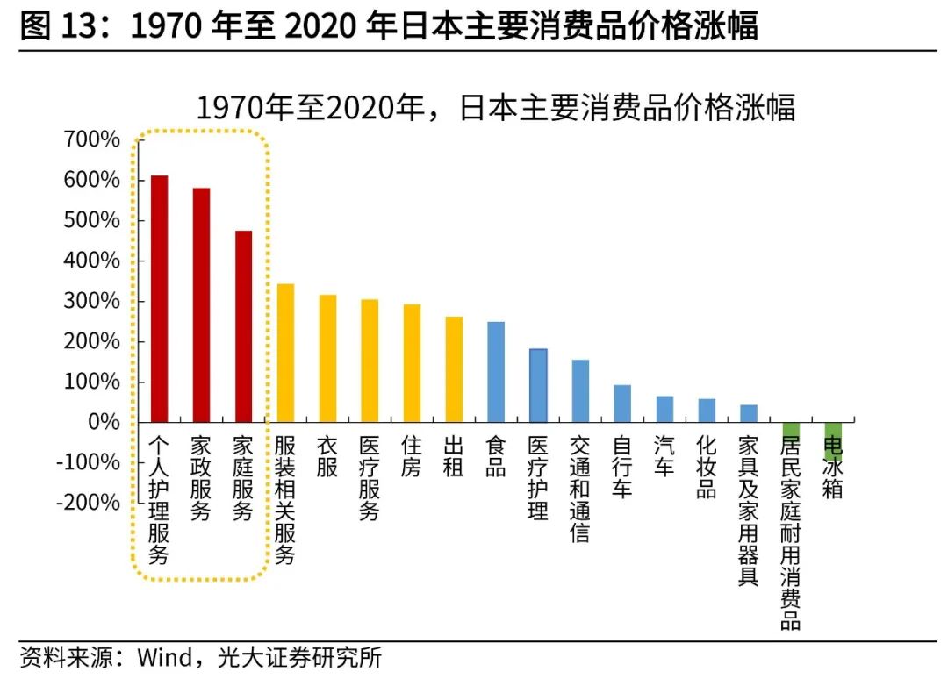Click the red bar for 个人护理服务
[159, 298]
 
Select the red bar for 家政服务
[201, 304]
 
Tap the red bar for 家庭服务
[243, 325]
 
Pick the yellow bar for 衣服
[327, 358]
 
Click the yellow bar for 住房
[412, 362]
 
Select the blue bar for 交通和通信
[580, 390]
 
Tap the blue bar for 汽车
[664, 409]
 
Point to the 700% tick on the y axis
[90, 139]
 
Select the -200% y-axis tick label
[87, 503]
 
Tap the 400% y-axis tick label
[90, 261]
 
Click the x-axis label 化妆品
[707, 467]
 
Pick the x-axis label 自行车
[622, 467]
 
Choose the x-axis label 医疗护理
[538, 477]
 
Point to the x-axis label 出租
[454, 456]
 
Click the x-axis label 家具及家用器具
[749, 509]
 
